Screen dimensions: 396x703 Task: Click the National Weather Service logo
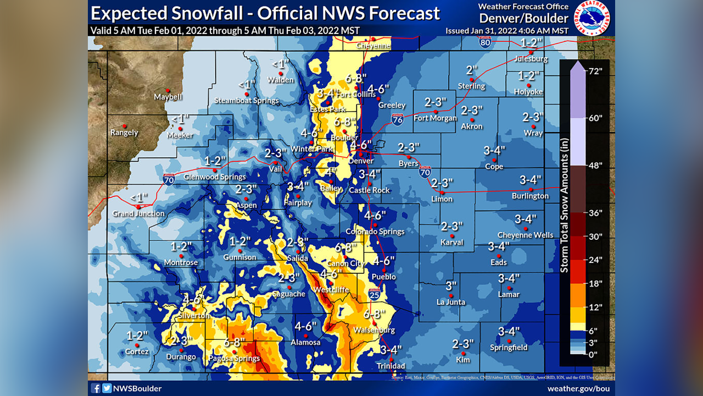pos(593,19)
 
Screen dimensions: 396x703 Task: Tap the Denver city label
pos(361,161)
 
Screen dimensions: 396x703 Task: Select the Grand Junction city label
pos(138,213)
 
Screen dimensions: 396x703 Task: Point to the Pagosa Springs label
pos(234,359)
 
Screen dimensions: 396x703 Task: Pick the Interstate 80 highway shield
pos(484,42)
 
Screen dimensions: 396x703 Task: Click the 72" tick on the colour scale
pos(595,71)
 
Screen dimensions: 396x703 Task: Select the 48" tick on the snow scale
pos(595,165)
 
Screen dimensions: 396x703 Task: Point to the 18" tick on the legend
pos(595,283)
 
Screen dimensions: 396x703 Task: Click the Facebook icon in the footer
pos(96,388)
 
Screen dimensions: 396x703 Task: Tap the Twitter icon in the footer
pos(107,388)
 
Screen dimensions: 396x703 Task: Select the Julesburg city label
pos(531,59)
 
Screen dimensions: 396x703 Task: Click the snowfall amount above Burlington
pos(531,180)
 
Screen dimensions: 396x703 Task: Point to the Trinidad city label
pos(390,366)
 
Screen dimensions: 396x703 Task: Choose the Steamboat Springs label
pos(247,101)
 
